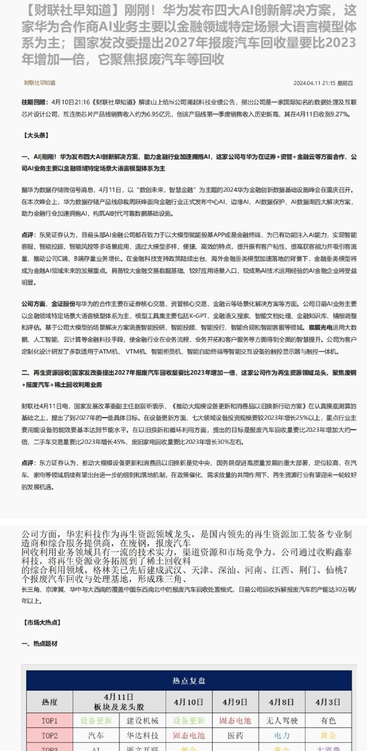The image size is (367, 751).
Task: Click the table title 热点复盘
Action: (189, 680)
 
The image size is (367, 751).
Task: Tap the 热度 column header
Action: (49, 701)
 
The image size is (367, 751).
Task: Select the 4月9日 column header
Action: (235, 701)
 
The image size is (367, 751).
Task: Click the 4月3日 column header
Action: (328, 701)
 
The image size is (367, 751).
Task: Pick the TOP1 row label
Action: (49, 721)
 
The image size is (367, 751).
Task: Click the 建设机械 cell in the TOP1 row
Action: (142, 721)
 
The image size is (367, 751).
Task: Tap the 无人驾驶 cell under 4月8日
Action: (282, 721)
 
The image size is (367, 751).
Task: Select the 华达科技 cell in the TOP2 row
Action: (142, 735)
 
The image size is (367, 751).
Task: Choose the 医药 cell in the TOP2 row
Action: (235, 735)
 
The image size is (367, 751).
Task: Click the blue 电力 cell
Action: (282, 735)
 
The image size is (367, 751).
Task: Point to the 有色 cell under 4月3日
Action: (328, 721)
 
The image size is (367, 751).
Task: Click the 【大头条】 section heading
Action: (35, 135)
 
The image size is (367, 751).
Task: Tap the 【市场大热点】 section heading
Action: (42, 622)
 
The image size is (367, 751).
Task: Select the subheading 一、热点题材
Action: (39, 643)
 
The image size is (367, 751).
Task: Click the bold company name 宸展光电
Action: (320, 328)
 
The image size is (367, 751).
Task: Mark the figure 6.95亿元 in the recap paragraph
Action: (159, 114)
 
